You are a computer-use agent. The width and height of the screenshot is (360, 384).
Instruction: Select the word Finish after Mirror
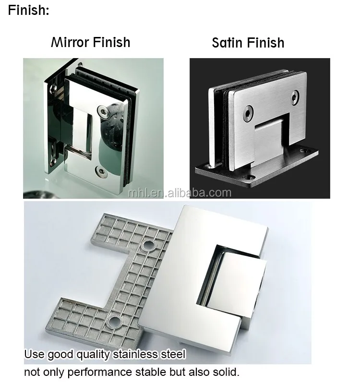pyautogui.click(x=111, y=42)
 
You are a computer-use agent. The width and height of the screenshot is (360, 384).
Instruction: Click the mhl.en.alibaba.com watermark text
pyautogui.click(x=180, y=192)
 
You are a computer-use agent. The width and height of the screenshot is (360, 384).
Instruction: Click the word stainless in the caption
pyautogui.click(x=136, y=355)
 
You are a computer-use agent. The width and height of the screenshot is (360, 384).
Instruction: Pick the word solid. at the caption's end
pyautogui.click(x=224, y=372)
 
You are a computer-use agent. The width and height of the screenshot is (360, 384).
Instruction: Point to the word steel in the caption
pyautogui.click(x=173, y=355)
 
